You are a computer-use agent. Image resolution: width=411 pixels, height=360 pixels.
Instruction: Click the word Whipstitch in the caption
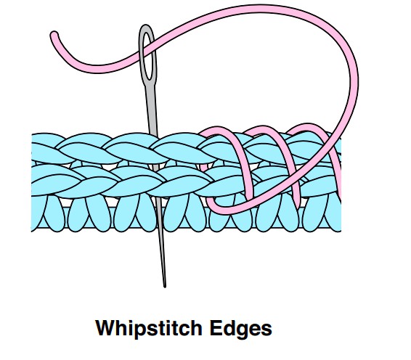pyautogui.click(x=149, y=329)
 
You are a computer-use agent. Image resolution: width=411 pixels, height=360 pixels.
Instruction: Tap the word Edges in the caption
pyautogui.click(x=240, y=329)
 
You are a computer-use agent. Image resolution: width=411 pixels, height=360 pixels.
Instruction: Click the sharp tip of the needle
pyautogui.click(x=165, y=287)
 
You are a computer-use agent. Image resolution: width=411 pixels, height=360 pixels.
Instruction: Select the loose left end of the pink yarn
pyautogui.click(x=54, y=35)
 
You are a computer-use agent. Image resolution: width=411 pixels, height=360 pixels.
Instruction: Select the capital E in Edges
pyautogui.click(x=216, y=327)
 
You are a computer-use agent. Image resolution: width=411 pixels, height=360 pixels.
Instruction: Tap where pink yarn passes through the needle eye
pyautogui.click(x=148, y=49)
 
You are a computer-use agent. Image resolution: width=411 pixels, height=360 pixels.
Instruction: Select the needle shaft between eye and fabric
pyautogui.click(x=152, y=110)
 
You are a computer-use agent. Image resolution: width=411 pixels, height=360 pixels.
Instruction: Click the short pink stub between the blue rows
pyautogui.click(x=204, y=167)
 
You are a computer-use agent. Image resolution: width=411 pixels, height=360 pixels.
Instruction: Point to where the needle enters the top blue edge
pyautogui.click(x=154, y=135)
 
